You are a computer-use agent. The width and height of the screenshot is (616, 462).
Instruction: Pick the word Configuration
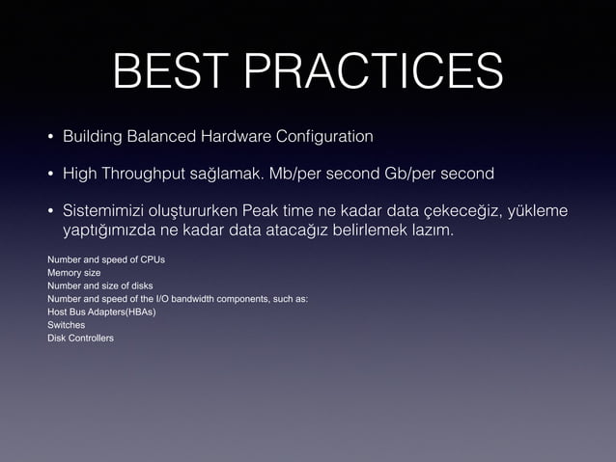click(x=325, y=137)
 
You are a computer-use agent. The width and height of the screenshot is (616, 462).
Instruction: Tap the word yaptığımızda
click(x=104, y=232)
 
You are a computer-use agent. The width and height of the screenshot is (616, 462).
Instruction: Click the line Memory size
click(x=73, y=273)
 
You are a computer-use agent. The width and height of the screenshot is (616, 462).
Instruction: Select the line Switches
click(x=66, y=325)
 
